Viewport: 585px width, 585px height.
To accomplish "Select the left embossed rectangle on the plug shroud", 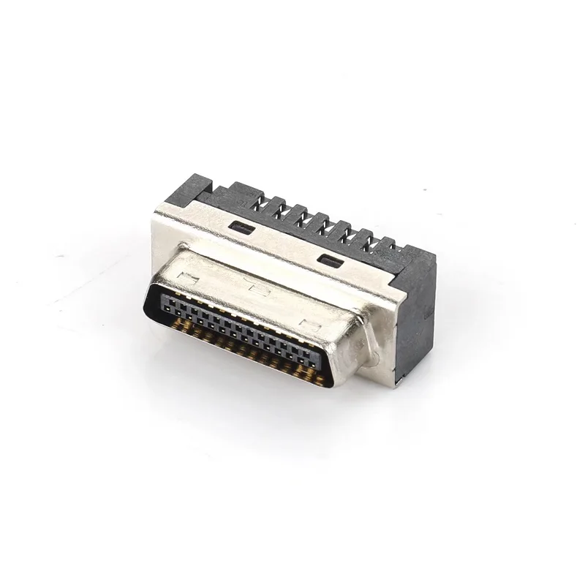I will pyautogui.click(x=187, y=279).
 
